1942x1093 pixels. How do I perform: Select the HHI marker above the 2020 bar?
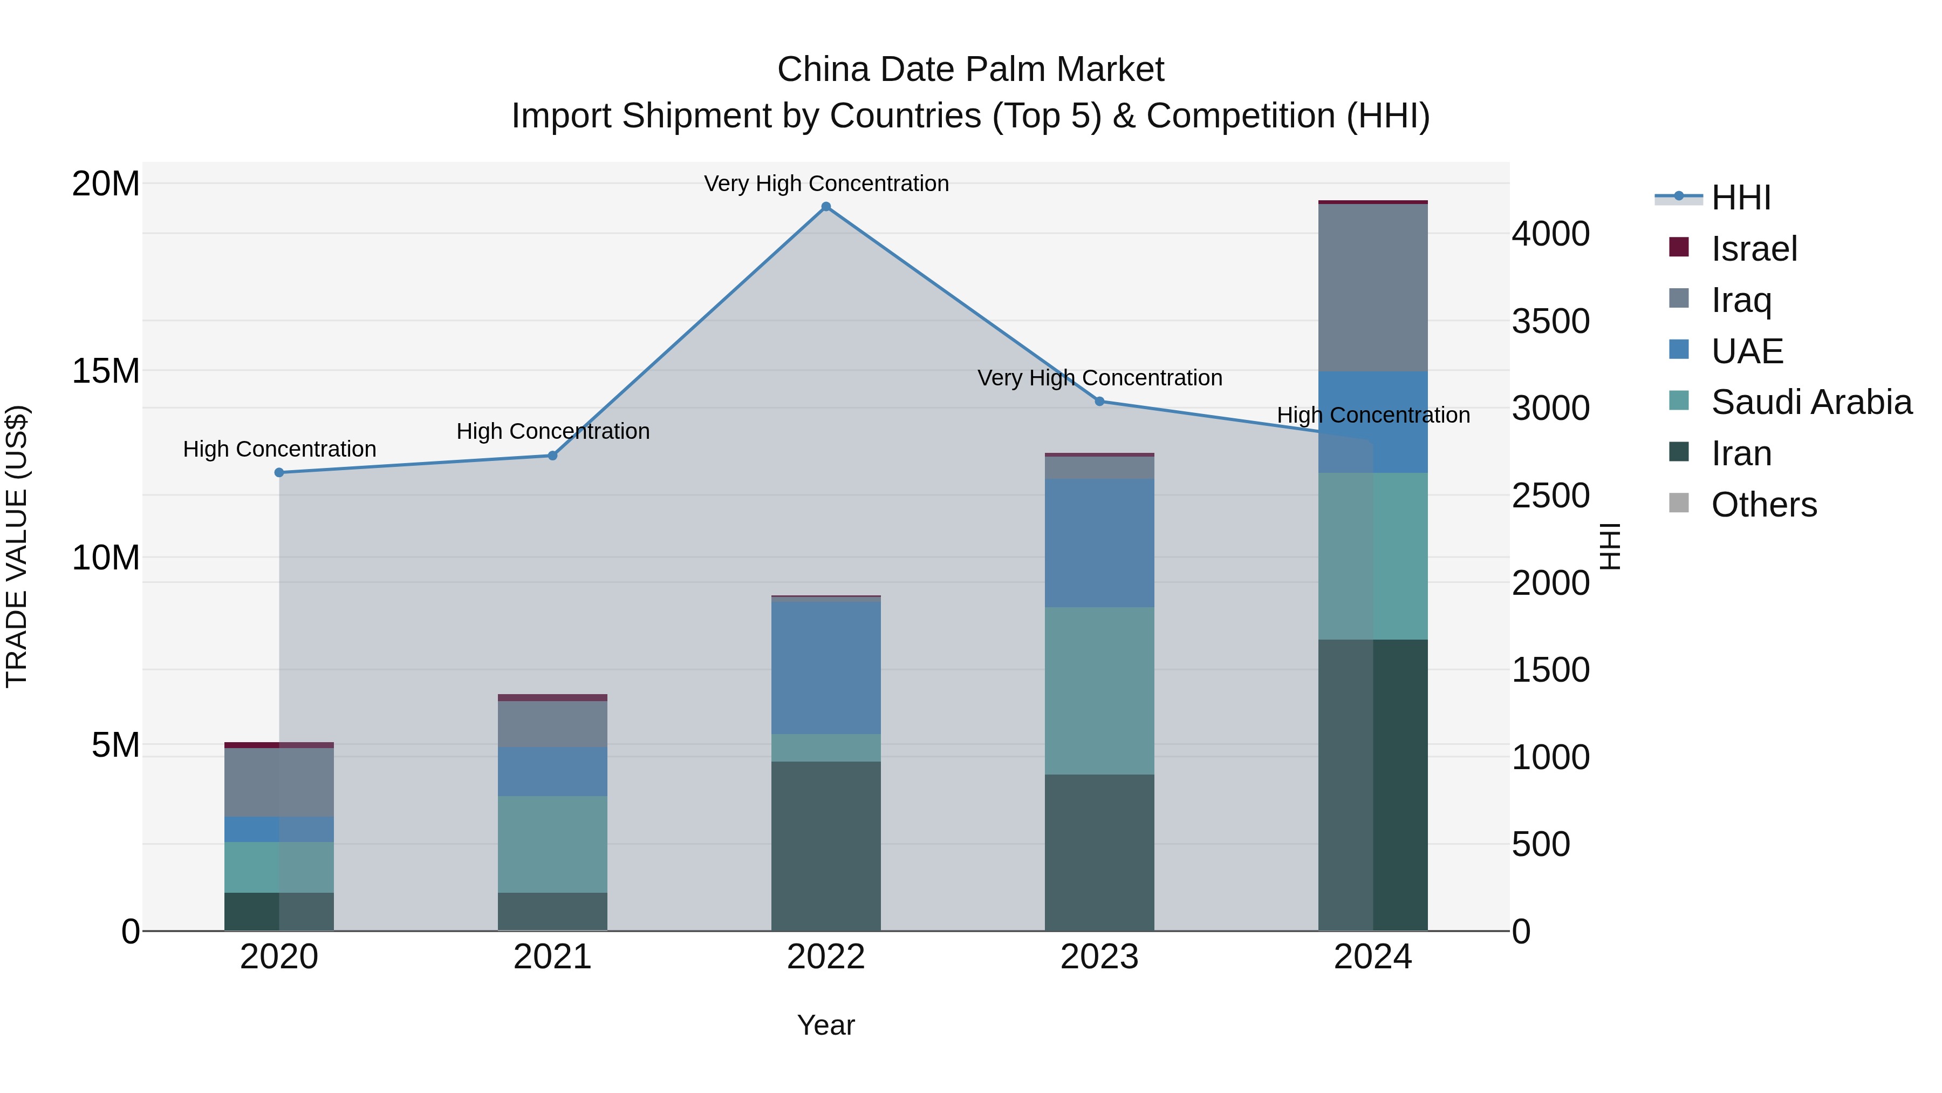click(279, 473)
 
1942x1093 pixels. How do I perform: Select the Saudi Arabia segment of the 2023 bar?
click(1099, 691)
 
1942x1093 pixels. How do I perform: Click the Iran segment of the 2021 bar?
click(552, 912)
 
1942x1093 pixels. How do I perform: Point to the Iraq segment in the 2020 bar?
click(279, 782)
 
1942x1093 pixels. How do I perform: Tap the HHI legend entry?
click(1740, 198)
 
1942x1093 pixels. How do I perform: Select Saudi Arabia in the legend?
click(1811, 403)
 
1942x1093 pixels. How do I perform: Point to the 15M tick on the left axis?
click(106, 371)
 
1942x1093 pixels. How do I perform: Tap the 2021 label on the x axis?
click(552, 957)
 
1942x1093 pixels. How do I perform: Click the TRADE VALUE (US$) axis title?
click(17, 546)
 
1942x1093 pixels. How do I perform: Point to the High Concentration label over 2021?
click(552, 431)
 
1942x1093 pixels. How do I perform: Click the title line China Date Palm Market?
click(970, 70)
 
